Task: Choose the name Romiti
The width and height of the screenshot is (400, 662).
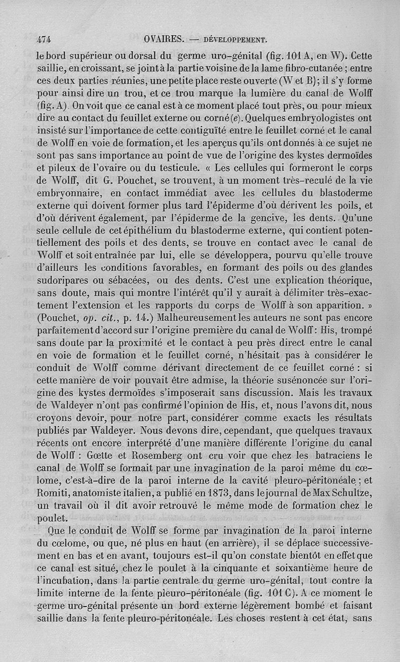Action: [x=52, y=495]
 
